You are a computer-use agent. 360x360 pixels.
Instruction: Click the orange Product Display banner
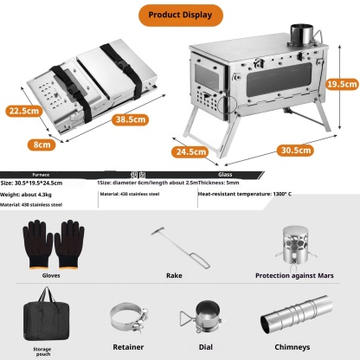pos(179,16)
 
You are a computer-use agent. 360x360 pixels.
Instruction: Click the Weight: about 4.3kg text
pos(31,195)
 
